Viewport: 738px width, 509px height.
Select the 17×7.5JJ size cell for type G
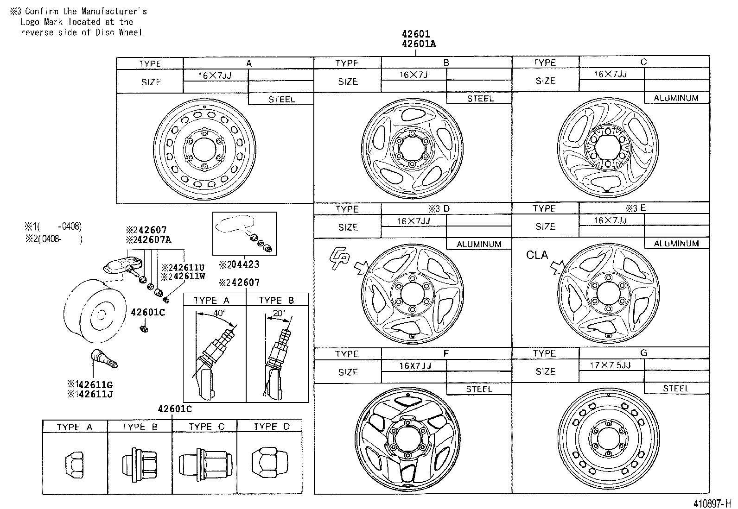[611, 364]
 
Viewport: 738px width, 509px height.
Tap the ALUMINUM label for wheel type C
[676, 98]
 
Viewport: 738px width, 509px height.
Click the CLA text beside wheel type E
[537, 255]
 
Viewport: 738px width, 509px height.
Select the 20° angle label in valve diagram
[279, 313]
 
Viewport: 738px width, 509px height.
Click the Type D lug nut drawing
[269, 465]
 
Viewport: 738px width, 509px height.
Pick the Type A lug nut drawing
[75, 464]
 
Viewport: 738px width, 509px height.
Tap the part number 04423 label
[242, 264]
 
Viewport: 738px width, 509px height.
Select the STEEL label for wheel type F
[479, 389]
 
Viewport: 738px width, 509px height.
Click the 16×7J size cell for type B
[414, 75]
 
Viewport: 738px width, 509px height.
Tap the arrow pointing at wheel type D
[361, 267]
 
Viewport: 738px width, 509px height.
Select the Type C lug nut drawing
[204, 464]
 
